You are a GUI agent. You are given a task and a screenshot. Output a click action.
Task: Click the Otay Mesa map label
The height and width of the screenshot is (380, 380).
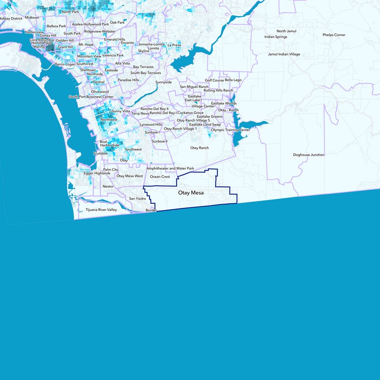(194, 193)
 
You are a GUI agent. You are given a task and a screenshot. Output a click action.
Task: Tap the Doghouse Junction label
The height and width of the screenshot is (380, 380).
(308, 155)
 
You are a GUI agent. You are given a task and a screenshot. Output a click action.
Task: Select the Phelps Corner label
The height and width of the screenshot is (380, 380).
(334, 35)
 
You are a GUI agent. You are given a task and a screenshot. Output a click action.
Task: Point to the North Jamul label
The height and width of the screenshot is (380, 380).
(286, 31)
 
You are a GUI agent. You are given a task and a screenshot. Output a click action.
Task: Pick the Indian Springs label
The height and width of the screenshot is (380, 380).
(275, 37)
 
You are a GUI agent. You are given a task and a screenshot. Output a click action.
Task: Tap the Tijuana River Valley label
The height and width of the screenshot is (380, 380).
(101, 209)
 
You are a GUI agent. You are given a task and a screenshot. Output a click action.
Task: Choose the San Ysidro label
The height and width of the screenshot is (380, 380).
(138, 198)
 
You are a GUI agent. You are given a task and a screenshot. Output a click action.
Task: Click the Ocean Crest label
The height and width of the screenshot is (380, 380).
(160, 177)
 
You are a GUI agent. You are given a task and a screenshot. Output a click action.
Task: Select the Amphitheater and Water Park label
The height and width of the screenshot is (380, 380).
(171, 169)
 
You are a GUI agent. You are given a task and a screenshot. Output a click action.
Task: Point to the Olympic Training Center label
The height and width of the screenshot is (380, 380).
(230, 130)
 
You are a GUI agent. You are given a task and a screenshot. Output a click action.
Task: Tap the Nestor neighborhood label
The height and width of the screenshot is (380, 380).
(108, 187)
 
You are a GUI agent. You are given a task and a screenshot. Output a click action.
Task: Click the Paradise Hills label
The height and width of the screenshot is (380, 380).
(128, 80)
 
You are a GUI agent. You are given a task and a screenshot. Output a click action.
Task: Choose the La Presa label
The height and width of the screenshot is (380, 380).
(174, 45)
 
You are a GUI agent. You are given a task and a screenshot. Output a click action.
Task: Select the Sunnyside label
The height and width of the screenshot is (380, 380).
(163, 82)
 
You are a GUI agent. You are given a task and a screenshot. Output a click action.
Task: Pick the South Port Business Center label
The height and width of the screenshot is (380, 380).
(91, 97)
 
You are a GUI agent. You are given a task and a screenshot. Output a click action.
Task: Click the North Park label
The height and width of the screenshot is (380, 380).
(70, 11)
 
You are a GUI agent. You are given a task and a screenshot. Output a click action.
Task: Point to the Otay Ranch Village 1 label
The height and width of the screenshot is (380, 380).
(180, 129)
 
